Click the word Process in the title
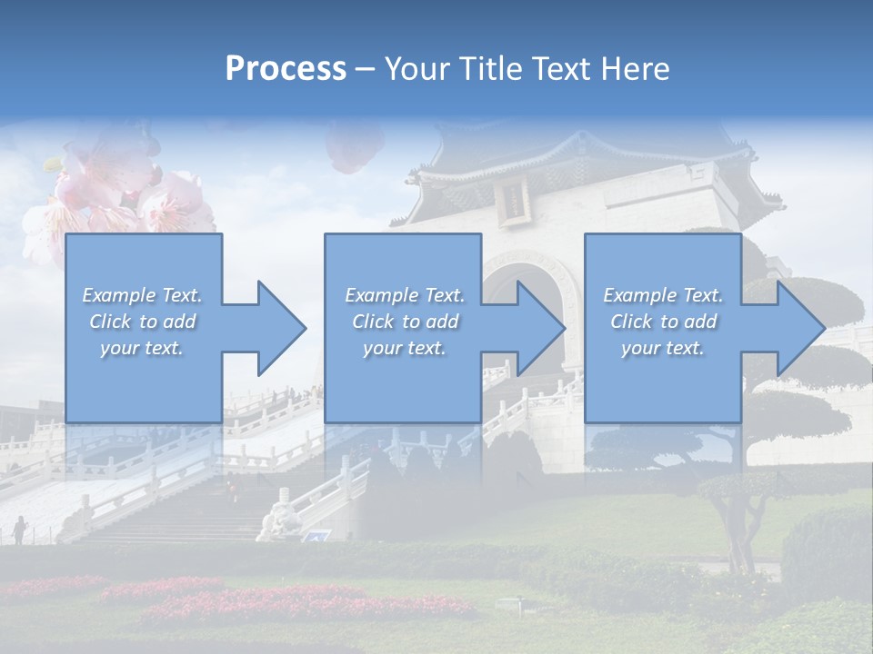coord(286,69)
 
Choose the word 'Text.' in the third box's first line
coord(702,295)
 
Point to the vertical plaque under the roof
coord(514,201)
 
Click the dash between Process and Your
coord(366,69)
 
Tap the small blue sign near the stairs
coord(316,536)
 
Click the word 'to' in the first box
coord(149,322)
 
